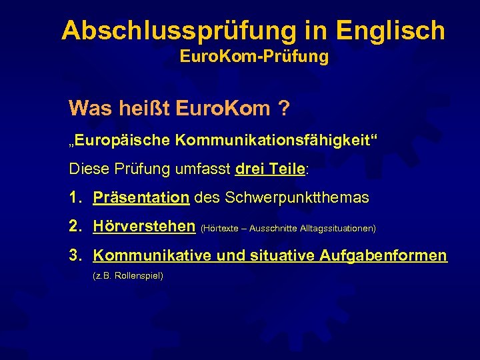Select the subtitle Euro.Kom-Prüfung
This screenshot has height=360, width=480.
coord(254,57)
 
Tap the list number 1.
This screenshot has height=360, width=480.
coord(75,198)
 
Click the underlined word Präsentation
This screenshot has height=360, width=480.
coord(141,198)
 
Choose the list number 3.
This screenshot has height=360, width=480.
coord(75,255)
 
